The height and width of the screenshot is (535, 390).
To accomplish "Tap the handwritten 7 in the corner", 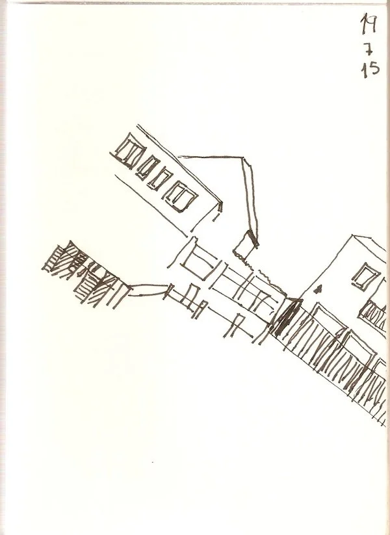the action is click(369, 47).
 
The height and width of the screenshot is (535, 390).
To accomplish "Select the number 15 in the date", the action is click(370, 69).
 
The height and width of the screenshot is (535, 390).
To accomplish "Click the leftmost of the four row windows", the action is click(127, 151).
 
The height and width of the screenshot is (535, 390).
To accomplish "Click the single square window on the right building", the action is click(365, 274).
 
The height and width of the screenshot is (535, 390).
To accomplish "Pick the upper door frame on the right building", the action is click(325, 319).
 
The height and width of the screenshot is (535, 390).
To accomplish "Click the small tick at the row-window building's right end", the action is click(221, 206).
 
